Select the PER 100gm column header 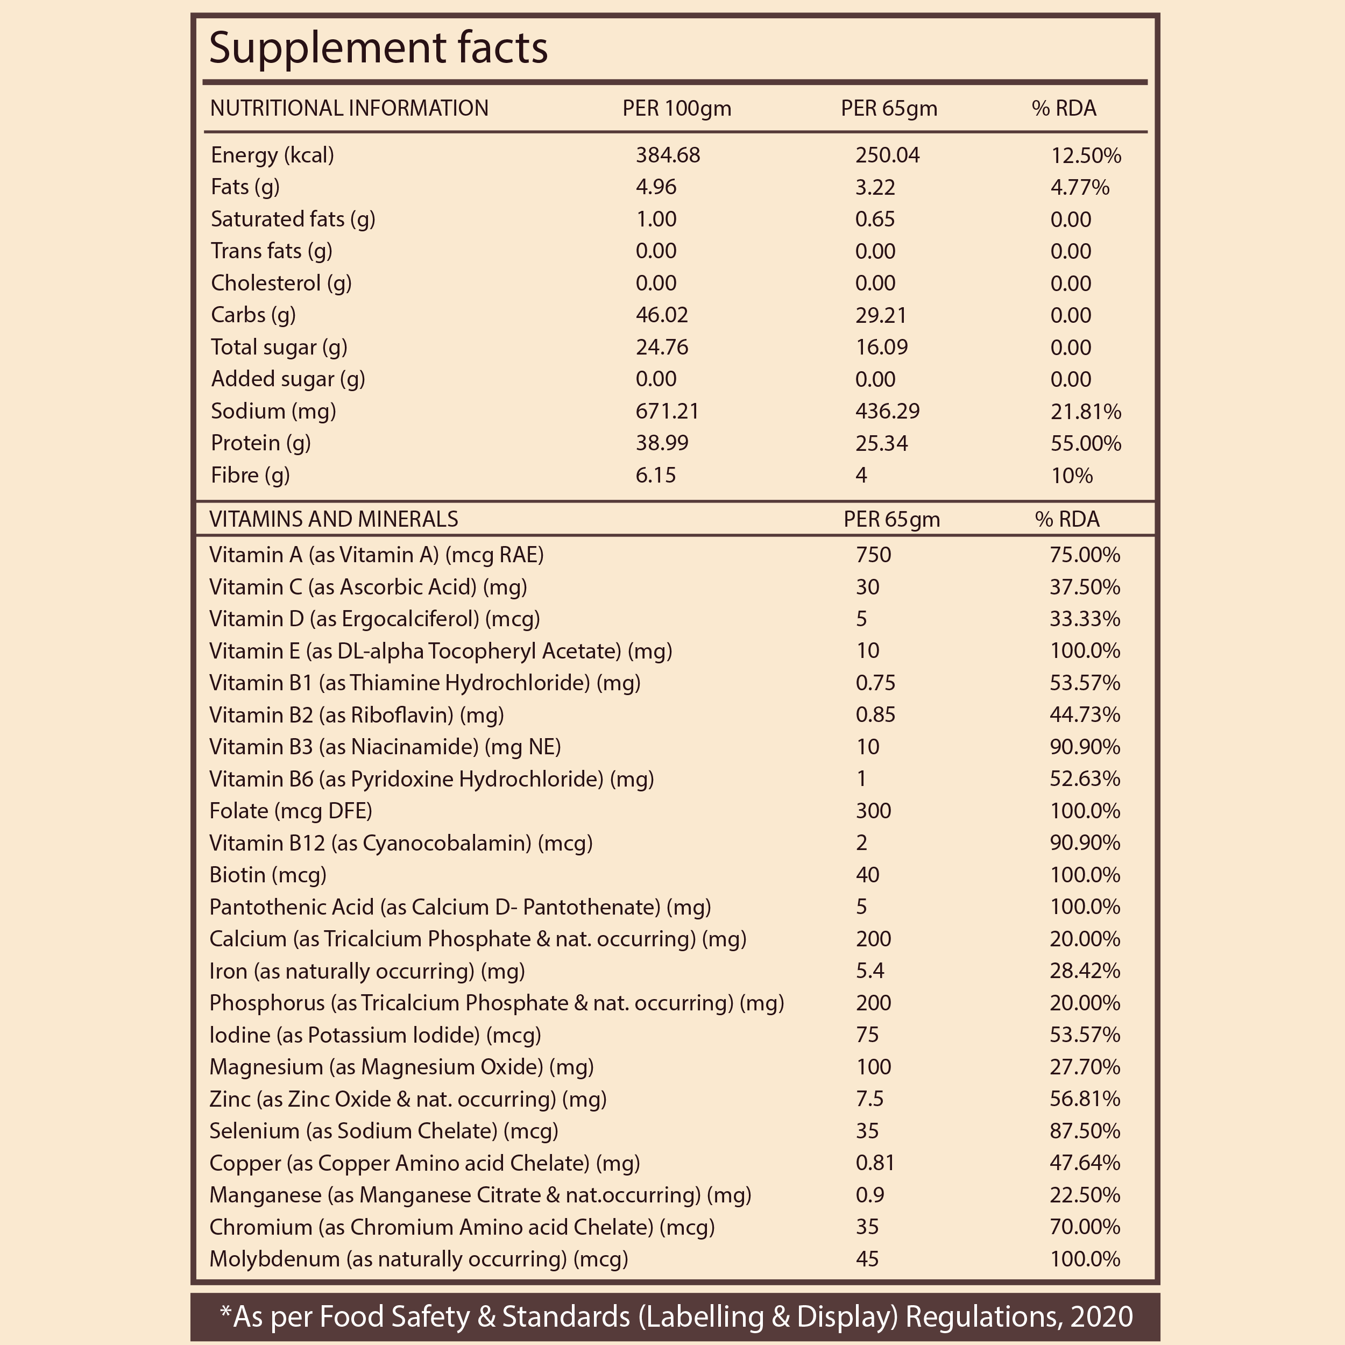coord(677,109)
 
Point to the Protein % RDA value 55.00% coord(1085,443)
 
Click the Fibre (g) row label coord(250,476)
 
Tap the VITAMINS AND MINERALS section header coord(334,519)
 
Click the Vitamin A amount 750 coord(873,555)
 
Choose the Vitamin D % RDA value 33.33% coord(1085,619)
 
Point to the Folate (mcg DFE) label coord(291,811)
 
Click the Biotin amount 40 coord(867,875)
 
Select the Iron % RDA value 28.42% coord(1085,971)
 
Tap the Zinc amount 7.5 coord(869,1099)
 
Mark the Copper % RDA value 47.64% coord(1085,1163)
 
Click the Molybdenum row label coord(419,1259)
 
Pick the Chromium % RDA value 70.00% coord(1085,1227)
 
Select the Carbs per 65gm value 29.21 coord(881,315)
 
